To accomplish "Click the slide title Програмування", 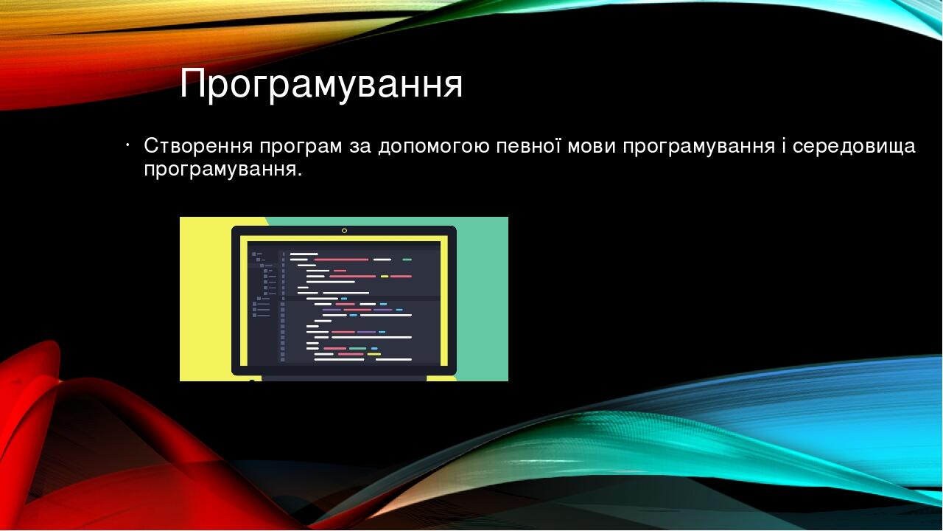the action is point(321,84).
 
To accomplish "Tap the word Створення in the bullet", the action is point(198,146).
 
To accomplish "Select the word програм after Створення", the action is point(301,148).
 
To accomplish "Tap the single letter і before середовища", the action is point(783,146).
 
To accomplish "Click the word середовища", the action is point(854,148).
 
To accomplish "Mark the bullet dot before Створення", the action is point(127,146).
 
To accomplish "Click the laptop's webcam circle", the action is point(344,231).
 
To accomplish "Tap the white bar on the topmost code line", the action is point(304,254).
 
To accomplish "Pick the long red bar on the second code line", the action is point(341,260).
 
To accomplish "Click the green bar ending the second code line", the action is point(407,260).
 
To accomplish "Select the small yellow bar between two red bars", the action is point(385,277).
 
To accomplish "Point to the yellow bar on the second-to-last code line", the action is point(374,355).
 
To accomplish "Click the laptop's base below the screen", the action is point(344,378).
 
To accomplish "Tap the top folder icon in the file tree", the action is point(254,254).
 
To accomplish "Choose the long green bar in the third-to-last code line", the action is point(358,349).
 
